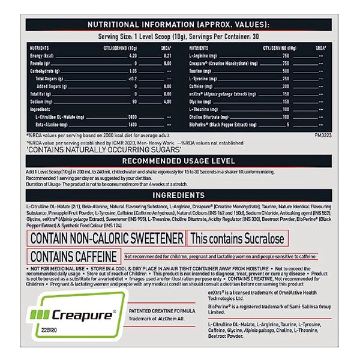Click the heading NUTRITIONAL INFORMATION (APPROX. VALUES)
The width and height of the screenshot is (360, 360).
pyautogui.click(x=179, y=25)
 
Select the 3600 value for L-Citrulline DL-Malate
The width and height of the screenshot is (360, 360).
pyautogui.click(x=132, y=115)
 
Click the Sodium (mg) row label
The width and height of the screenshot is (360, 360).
pyautogui.click(x=40, y=100)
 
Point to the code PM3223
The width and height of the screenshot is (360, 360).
pyautogui.click(x=322, y=136)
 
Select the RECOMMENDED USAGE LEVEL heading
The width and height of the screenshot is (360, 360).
pyautogui.click(x=179, y=161)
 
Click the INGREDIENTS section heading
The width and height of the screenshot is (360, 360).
pyautogui.click(x=179, y=195)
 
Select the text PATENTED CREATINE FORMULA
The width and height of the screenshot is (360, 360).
pyautogui.click(x=161, y=310)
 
